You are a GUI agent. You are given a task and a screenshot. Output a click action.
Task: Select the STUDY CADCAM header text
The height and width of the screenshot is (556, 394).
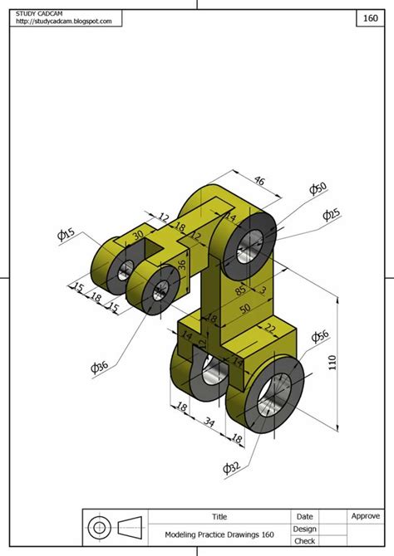tap(41, 13)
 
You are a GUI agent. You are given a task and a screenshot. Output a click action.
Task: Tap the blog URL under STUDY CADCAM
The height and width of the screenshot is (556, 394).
tap(63, 22)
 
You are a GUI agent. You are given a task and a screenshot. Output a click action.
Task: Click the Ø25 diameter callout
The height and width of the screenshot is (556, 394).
tap(332, 214)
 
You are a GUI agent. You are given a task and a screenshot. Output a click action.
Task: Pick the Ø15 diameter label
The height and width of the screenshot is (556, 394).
tap(66, 235)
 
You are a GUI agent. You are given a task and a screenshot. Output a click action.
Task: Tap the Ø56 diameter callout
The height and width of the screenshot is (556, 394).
tap(321, 336)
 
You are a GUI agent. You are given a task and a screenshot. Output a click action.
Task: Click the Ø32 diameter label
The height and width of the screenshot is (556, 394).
tap(232, 469)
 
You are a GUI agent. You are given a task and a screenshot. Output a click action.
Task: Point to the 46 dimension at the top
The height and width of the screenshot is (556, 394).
tap(259, 180)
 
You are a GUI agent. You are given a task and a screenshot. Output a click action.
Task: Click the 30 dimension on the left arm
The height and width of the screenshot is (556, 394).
tap(137, 237)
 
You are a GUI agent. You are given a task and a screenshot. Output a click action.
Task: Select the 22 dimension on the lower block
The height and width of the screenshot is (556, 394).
tap(270, 329)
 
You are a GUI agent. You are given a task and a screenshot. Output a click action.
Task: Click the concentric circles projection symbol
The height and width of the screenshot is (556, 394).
tap(100, 527)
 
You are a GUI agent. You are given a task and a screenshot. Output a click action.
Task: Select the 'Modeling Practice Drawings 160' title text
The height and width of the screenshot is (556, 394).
tap(219, 535)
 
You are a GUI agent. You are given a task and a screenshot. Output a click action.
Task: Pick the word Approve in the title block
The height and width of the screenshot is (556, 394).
tap(365, 516)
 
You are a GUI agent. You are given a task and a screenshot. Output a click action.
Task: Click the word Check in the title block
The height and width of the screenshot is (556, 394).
tap(304, 541)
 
